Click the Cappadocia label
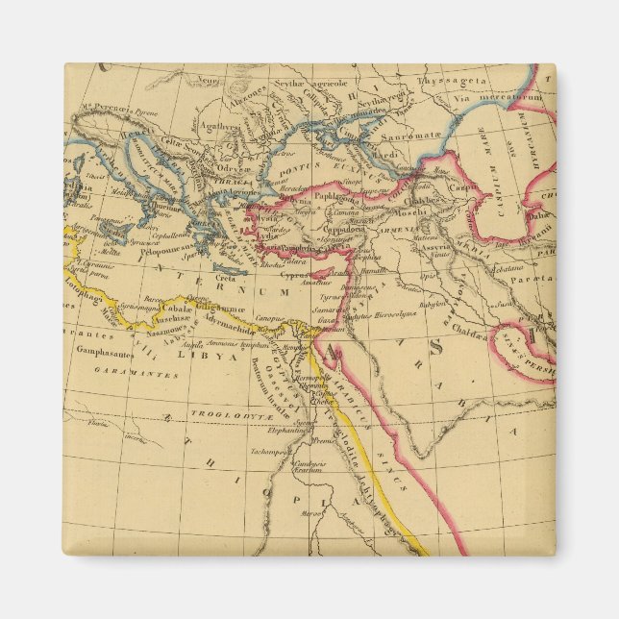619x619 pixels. [342, 231]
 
